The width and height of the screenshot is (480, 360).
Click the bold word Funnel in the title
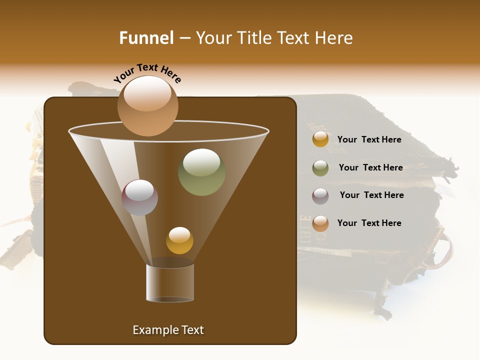pyautogui.click(x=146, y=38)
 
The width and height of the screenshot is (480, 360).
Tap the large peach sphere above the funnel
pyautogui.click(x=147, y=106)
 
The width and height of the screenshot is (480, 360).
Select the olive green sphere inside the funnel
pyautogui.click(x=201, y=172)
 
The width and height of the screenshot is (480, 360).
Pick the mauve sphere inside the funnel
pyautogui.click(x=139, y=197)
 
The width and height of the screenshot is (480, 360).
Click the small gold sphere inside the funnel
pyautogui.click(x=179, y=240)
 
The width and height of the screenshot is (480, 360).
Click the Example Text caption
pyautogui.click(x=168, y=330)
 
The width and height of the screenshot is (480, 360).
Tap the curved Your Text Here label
pyautogui.click(x=147, y=73)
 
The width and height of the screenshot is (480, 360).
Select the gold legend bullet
pyautogui.click(x=320, y=139)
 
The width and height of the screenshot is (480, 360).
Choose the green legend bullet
pyautogui.click(x=320, y=168)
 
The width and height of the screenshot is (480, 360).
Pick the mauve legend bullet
pyautogui.click(x=320, y=196)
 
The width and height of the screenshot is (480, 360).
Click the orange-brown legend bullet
pyautogui.click(x=320, y=223)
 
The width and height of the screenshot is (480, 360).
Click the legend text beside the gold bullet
pyautogui.click(x=369, y=139)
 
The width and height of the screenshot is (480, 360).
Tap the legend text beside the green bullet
pyautogui.click(x=370, y=167)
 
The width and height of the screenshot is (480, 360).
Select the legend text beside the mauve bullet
pyautogui.click(x=371, y=195)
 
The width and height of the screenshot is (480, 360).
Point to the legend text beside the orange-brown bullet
pyautogui.click(x=369, y=223)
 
